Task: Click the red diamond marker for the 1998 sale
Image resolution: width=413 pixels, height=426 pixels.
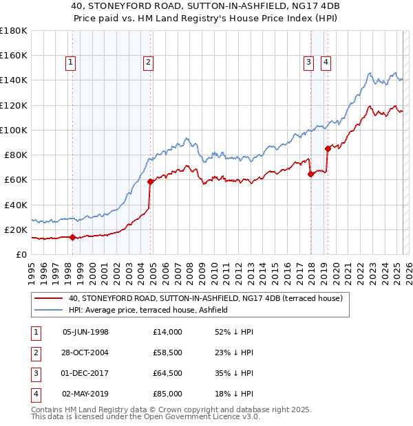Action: point(72,237)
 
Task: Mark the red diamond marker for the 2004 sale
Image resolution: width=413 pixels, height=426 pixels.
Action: point(150,181)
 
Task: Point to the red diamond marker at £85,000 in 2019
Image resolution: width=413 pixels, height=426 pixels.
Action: point(327,148)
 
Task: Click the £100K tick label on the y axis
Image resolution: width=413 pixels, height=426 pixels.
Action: point(13,130)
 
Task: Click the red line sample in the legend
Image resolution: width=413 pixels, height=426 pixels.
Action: point(48,299)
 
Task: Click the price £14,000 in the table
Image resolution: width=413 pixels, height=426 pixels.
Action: point(168,332)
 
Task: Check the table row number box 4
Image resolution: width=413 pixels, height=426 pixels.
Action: point(34,394)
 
